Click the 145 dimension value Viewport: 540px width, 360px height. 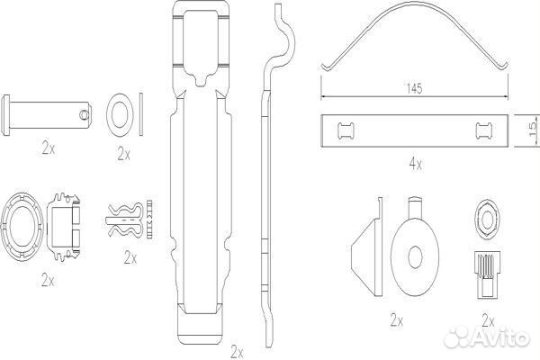(x=414, y=89)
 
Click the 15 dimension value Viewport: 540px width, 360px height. (x=533, y=129)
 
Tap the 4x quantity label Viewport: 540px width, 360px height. (x=415, y=165)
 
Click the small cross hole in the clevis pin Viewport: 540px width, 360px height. (x=84, y=114)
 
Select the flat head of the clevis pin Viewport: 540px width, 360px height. (x=5, y=115)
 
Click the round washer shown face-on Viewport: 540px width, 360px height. (x=120, y=114)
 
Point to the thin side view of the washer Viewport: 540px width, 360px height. (x=141, y=114)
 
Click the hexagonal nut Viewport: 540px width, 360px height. (x=486, y=219)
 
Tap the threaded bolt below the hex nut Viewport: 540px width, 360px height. (x=486, y=274)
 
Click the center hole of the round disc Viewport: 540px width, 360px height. (x=415, y=257)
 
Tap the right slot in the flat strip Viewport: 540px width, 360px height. (x=484, y=130)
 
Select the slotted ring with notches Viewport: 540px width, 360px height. (x=22, y=226)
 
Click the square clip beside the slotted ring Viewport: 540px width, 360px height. (x=64, y=226)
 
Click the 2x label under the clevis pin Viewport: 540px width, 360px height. (x=48, y=148)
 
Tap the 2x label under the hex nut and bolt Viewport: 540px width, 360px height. (x=488, y=321)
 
